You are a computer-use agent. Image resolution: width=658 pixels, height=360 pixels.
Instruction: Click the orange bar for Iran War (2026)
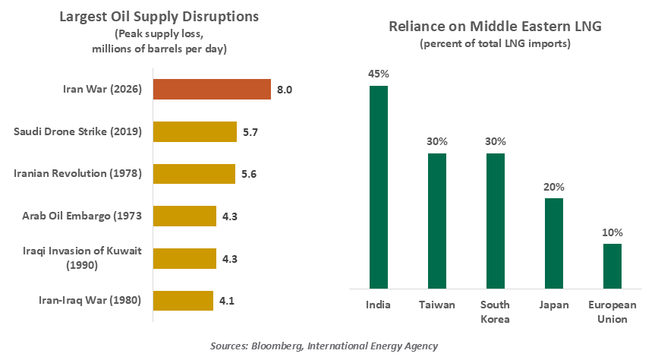[212, 89]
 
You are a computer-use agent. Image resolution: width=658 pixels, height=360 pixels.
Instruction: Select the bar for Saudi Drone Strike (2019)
[195, 131]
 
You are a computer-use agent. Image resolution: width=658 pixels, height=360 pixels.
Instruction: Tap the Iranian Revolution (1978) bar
[194, 174]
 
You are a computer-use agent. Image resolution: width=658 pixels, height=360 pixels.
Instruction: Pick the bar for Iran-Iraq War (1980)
[183, 301]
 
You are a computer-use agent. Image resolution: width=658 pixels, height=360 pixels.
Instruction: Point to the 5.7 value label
[250, 132]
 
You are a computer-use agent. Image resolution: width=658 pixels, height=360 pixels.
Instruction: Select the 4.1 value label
[225, 302]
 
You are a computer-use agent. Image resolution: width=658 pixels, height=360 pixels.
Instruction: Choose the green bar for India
[379, 187]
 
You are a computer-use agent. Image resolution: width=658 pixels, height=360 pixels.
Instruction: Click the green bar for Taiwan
[436, 221]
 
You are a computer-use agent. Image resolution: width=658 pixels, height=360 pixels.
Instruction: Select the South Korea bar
[495, 221]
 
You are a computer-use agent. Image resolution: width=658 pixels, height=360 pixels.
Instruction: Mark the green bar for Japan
[553, 243]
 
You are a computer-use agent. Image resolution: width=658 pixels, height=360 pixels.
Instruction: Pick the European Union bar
[612, 266]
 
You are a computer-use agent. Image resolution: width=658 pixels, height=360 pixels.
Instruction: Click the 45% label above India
[379, 74]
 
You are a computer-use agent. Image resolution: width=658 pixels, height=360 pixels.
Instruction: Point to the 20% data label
[553, 187]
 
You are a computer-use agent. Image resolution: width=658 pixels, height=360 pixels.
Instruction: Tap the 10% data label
[612, 232]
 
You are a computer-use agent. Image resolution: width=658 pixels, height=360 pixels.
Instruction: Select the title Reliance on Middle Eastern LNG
[495, 27]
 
